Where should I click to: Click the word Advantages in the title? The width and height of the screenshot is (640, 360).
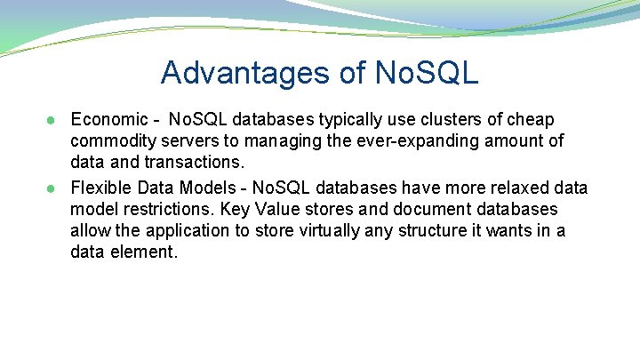tap(235, 73)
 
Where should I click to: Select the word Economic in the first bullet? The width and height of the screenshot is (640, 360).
tap(106, 119)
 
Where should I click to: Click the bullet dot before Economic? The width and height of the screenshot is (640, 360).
tap(54, 120)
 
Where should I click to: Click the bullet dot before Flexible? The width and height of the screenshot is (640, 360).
tap(54, 188)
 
